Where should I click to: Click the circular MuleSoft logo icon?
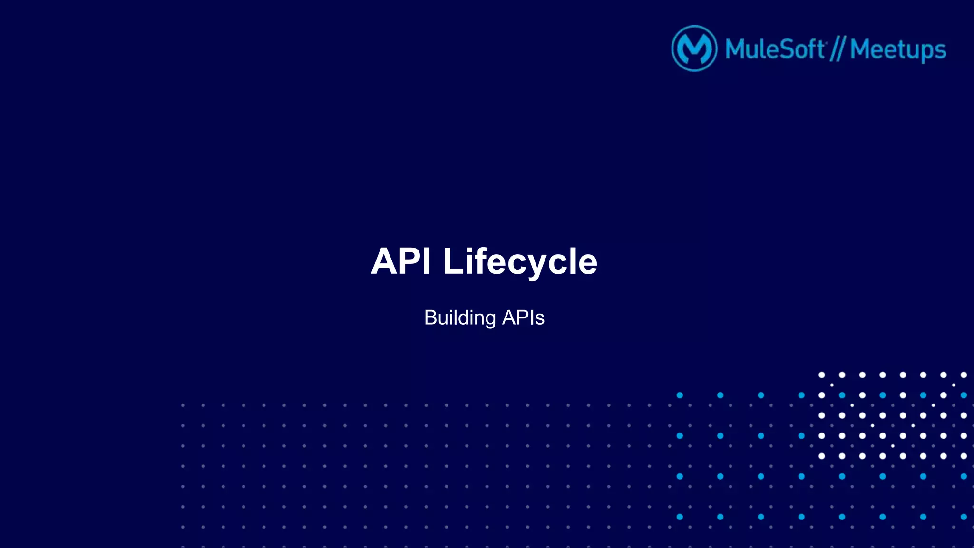[x=694, y=48]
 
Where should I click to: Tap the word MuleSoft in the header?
[x=775, y=49]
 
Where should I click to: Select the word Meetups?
[x=898, y=50]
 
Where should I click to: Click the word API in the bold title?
[x=401, y=261]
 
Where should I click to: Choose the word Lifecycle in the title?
[x=520, y=262]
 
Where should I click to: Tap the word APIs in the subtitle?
[x=523, y=317]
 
